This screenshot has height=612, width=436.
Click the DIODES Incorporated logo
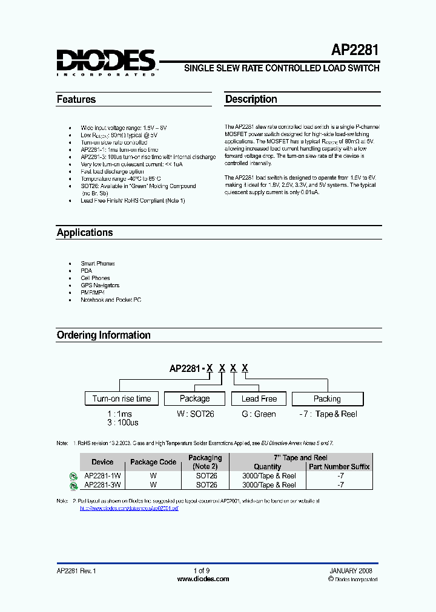click(x=107, y=62)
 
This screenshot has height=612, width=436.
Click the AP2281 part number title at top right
click(x=355, y=50)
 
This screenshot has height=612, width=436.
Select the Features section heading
click(x=76, y=99)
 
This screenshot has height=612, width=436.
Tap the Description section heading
click(x=251, y=99)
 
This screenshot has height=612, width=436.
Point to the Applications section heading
click(x=85, y=233)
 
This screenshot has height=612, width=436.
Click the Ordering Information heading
click(x=104, y=335)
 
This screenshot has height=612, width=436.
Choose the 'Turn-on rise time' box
click(x=122, y=399)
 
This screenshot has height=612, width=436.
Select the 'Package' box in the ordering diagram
click(x=195, y=399)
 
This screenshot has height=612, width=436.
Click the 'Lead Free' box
click(x=259, y=399)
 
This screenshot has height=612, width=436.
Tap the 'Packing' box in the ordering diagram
click(x=327, y=399)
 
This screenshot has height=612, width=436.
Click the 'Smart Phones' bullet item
click(x=98, y=264)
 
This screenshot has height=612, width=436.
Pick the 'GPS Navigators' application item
click(x=101, y=285)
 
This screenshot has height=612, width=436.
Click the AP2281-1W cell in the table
click(x=102, y=476)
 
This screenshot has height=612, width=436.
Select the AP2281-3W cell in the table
click(x=102, y=484)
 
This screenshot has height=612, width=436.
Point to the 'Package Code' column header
click(x=153, y=462)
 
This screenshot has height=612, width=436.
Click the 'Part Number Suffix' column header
click(x=339, y=466)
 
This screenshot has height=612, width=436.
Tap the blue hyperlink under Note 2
click(x=130, y=509)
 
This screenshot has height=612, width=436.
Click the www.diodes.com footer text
click(x=203, y=579)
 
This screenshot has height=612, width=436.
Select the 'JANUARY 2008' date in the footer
click(x=351, y=570)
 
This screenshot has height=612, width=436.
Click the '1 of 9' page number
click(x=202, y=570)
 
